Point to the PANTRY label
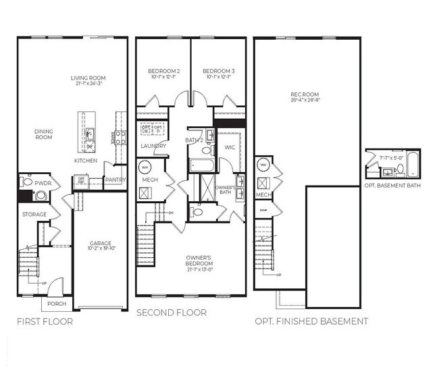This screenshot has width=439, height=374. point(115,180)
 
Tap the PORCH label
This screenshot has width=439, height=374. point(57,303)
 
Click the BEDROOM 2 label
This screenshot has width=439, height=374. point(163,71)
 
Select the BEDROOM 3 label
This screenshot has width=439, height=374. point(219,71)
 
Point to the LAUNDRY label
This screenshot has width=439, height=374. point(153,146)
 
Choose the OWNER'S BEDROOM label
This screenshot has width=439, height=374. point(199,260)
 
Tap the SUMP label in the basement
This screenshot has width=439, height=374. point(263,211)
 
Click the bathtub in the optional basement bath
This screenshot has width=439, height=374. point(412,166)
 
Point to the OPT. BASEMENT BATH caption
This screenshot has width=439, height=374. point(392,185)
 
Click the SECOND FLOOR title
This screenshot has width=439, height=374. point(172,313)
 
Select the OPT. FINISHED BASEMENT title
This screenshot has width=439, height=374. point(311,321)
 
